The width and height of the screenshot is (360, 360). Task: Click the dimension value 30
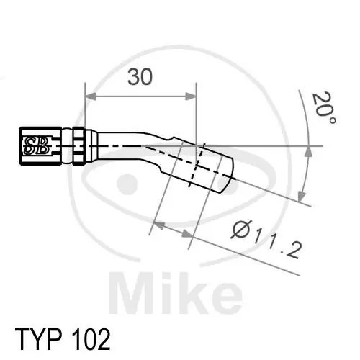(x=140, y=77)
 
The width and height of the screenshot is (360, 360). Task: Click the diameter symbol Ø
(x=240, y=231)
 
